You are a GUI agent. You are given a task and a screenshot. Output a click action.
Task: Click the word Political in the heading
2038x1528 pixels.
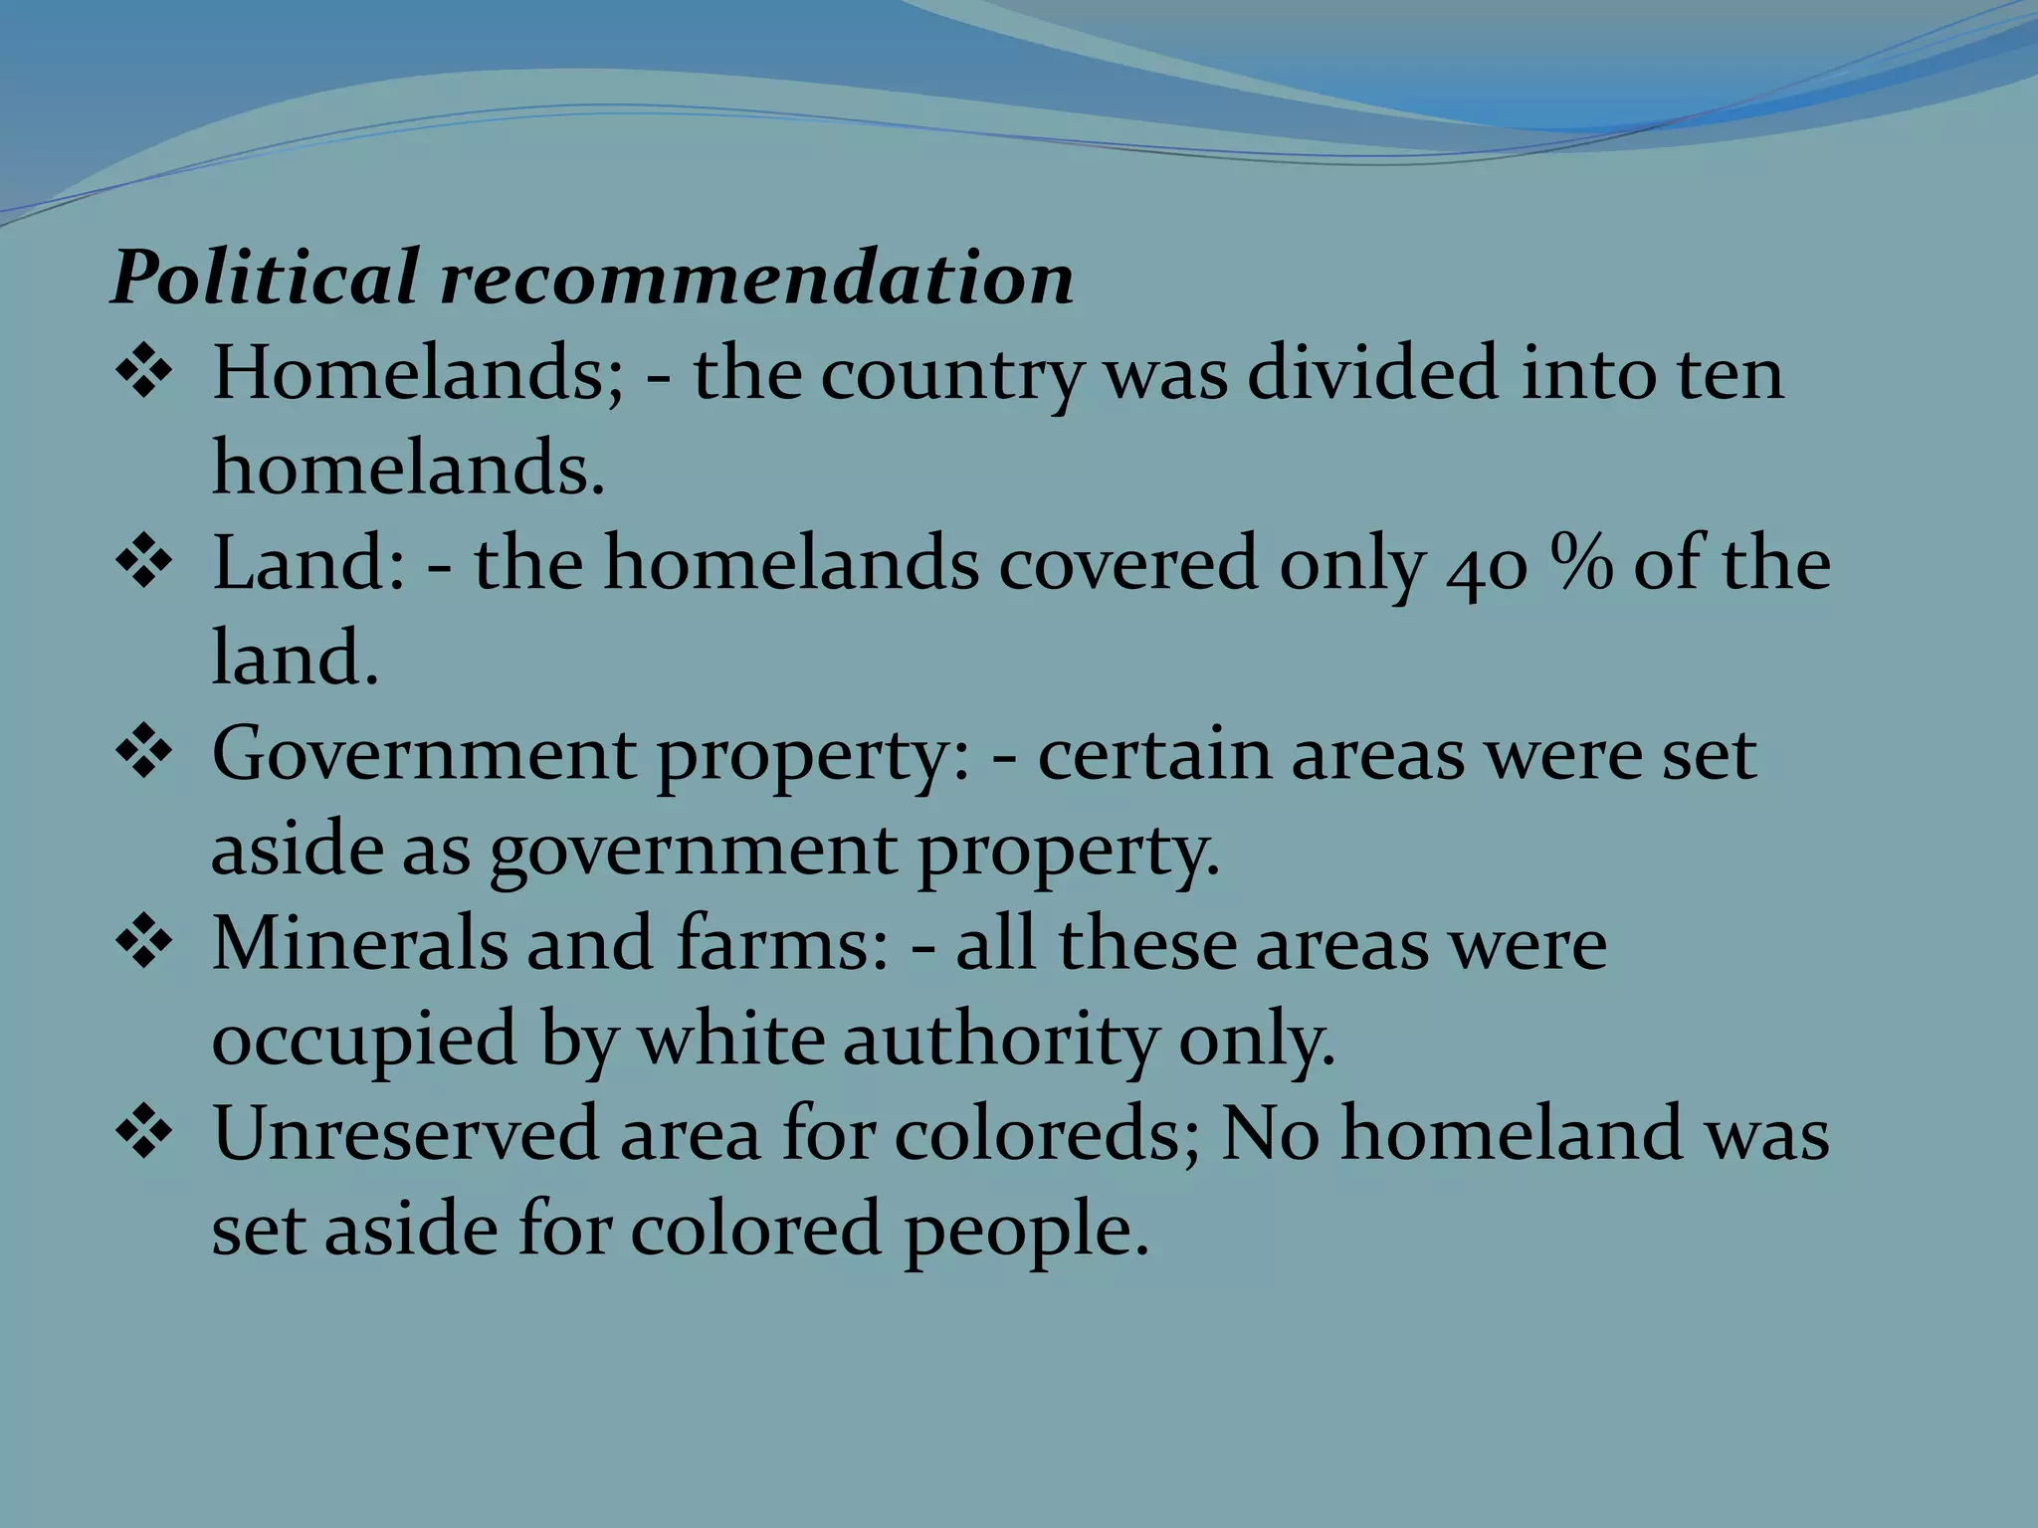click(264, 278)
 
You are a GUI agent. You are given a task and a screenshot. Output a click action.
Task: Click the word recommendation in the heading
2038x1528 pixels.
click(757, 278)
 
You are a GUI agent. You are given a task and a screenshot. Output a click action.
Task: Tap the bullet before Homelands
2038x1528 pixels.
click(145, 375)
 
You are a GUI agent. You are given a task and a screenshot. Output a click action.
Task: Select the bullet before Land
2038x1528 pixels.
click(145, 566)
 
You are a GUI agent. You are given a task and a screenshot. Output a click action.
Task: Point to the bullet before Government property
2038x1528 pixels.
click(145, 756)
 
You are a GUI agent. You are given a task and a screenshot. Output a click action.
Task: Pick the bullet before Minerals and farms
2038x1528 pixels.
click(145, 946)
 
